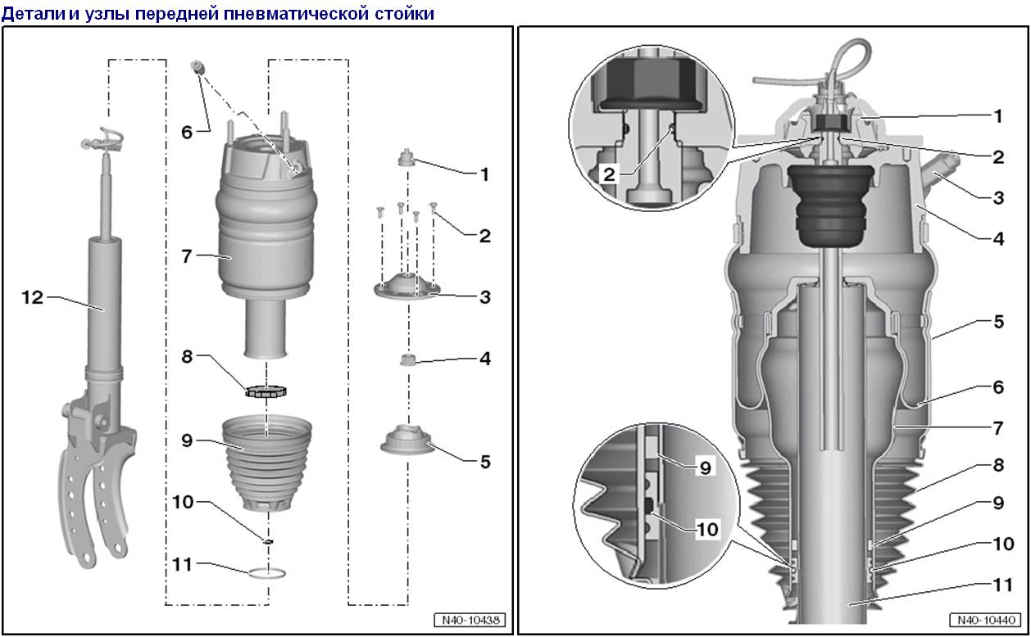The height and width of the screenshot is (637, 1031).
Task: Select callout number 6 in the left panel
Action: [187, 131]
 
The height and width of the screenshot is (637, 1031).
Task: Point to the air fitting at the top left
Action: [197, 67]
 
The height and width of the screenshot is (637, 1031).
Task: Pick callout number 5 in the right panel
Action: [997, 322]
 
